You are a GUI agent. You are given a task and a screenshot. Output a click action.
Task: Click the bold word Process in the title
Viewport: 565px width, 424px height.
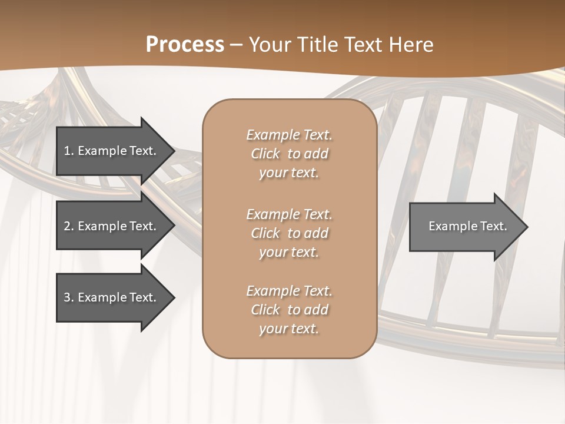pyautogui.click(x=185, y=45)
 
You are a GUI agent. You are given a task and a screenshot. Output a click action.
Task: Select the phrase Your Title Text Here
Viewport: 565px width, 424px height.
pyautogui.click(x=341, y=45)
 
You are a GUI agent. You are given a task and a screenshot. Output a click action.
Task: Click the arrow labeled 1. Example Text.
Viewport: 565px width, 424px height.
pyautogui.click(x=110, y=151)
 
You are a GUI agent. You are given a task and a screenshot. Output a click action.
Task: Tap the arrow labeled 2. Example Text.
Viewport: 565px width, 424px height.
pyautogui.click(x=110, y=226)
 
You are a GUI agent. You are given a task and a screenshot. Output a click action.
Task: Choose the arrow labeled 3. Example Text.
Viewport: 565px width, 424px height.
pyautogui.click(x=110, y=297)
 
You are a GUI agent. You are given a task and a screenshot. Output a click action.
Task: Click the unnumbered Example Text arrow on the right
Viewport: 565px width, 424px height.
pyautogui.click(x=467, y=227)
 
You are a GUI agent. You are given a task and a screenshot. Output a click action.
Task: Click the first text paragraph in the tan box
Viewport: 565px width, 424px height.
pyautogui.click(x=289, y=154)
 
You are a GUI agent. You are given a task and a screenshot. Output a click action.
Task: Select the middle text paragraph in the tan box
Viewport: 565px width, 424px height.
pyautogui.click(x=289, y=233)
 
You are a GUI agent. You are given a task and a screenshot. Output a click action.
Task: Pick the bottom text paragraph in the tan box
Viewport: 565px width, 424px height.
pyautogui.click(x=289, y=310)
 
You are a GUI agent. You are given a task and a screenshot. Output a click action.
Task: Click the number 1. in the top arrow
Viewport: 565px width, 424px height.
pyautogui.click(x=69, y=151)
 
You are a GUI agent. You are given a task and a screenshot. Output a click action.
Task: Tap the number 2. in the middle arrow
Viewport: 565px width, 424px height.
pyautogui.click(x=69, y=226)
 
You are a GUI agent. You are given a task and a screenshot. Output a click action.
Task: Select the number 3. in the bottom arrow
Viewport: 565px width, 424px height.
pyautogui.click(x=69, y=297)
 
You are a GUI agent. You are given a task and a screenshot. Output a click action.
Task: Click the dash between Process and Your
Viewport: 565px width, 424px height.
pyautogui.click(x=236, y=45)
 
